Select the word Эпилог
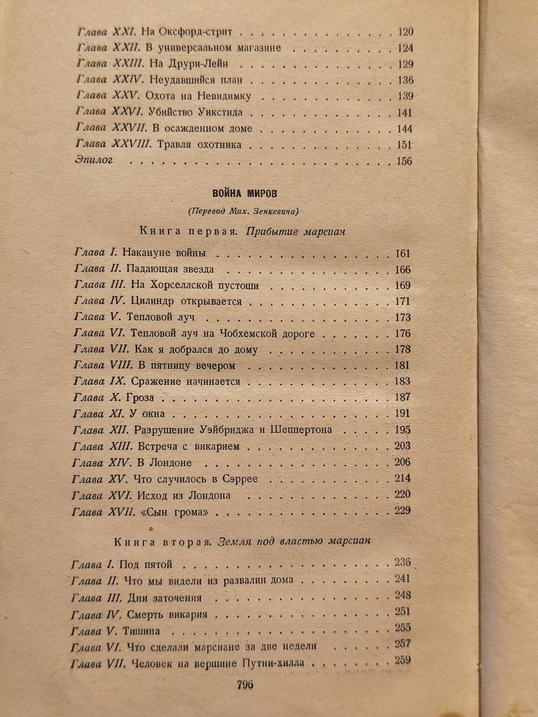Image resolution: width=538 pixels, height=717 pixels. tap(95, 161)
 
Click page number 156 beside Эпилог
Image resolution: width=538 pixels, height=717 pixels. tap(403, 161)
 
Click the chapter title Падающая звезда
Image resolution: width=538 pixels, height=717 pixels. tap(169, 269)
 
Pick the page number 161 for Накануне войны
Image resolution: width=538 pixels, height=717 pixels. tap(402, 254)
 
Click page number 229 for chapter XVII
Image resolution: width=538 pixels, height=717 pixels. tap(402, 510)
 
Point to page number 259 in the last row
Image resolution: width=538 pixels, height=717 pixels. tap(402, 661)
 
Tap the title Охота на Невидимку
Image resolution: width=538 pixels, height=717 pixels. tap(198, 97)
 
